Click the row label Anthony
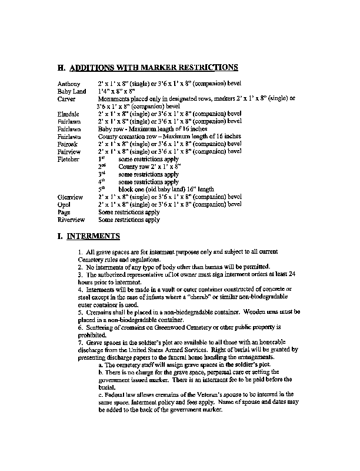(x=68, y=84)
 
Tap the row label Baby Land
(x=71, y=92)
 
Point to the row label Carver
(x=66, y=99)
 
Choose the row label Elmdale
(x=69, y=114)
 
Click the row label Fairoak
(x=69, y=144)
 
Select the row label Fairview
(x=69, y=151)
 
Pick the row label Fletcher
(x=69, y=159)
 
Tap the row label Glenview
(x=70, y=197)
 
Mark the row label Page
(x=64, y=212)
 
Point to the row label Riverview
(x=71, y=220)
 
